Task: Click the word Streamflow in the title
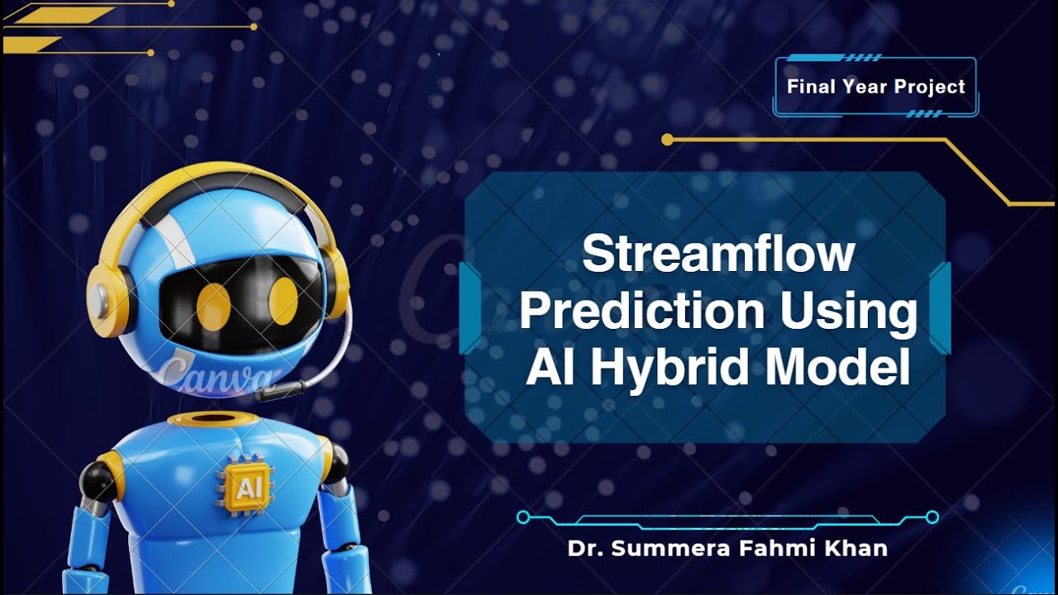[717, 254]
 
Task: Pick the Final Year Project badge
[876, 87]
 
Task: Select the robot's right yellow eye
[284, 301]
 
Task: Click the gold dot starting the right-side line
[668, 140]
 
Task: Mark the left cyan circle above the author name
[522, 517]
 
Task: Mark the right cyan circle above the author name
[932, 517]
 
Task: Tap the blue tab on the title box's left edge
[469, 307]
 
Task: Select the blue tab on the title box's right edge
[941, 307]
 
